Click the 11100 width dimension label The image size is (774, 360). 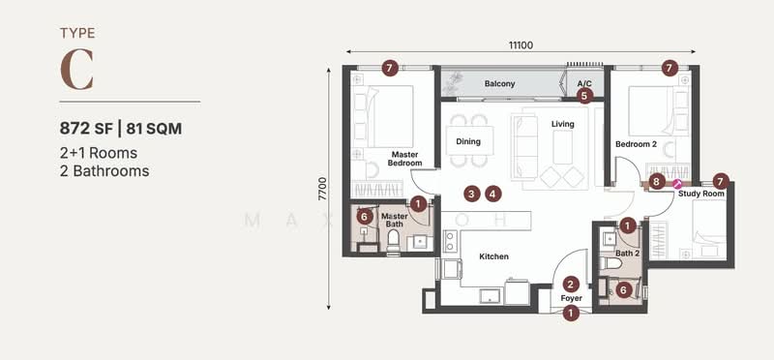(523, 45)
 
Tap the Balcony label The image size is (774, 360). (499, 84)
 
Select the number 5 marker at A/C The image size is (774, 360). (584, 96)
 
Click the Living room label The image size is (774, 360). (562, 124)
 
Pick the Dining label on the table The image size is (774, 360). (468, 142)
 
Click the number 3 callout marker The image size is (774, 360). (471, 194)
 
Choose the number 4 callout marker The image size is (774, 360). (493, 194)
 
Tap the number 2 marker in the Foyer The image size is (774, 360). (571, 284)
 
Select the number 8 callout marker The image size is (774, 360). (657, 181)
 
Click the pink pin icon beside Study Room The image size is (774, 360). (677, 181)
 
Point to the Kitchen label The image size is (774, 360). (492, 256)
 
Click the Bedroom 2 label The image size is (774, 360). (636, 144)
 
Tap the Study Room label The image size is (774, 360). (700, 195)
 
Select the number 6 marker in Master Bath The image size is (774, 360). (364, 217)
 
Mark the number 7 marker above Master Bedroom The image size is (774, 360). (389, 68)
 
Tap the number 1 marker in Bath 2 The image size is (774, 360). (628, 225)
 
